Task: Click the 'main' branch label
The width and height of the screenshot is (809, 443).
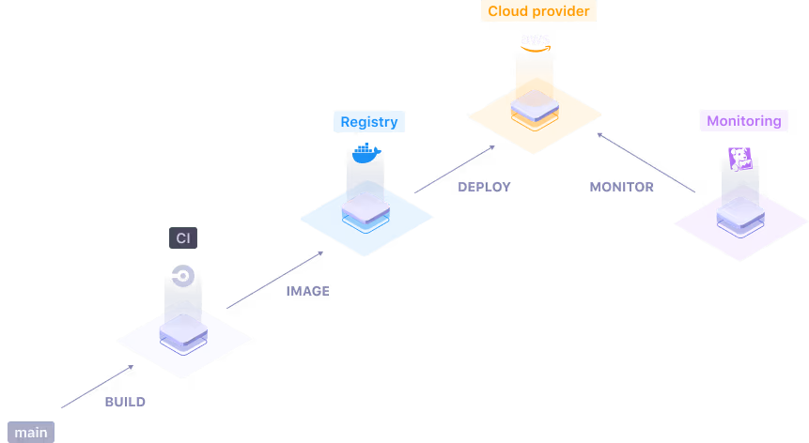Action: pyautogui.click(x=31, y=433)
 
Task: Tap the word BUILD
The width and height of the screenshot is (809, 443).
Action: pyautogui.click(x=125, y=402)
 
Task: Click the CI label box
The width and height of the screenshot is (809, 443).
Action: pyautogui.click(x=183, y=238)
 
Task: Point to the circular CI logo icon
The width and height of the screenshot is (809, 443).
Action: pyautogui.click(x=183, y=276)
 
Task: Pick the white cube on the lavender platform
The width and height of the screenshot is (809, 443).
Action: pyautogui.click(x=183, y=330)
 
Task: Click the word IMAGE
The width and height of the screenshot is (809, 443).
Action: pyautogui.click(x=307, y=291)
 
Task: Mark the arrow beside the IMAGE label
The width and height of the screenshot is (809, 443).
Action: pyautogui.click(x=275, y=279)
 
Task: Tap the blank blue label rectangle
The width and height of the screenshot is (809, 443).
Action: pyautogui.click(x=369, y=121)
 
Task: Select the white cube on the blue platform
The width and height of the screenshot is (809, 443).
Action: pyautogui.click(x=366, y=206)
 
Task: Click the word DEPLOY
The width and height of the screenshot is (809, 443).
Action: pyautogui.click(x=484, y=187)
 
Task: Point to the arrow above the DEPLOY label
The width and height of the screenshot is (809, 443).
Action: pyautogui.click(x=456, y=169)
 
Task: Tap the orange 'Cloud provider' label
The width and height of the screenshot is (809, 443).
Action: pyautogui.click(x=538, y=11)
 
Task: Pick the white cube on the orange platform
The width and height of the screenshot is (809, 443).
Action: pyautogui.click(x=536, y=104)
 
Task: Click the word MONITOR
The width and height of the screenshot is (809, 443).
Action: pyautogui.click(x=621, y=187)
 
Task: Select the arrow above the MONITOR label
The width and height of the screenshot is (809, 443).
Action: pyautogui.click(x=646, y=161)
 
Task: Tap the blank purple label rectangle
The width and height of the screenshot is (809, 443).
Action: pyautogui.click(x=744, y=120)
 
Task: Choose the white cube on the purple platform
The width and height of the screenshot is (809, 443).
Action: pyautogui.click(x=740, y=213)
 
